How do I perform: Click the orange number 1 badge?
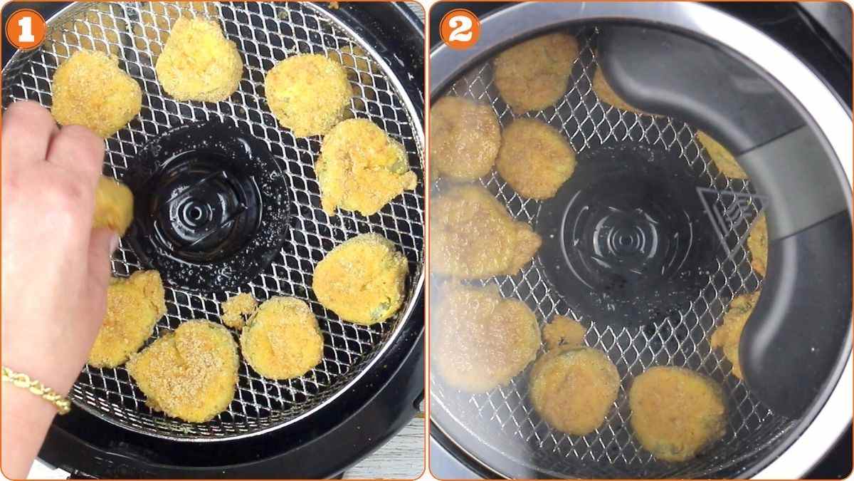point(26,29)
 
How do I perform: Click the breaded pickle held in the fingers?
point(113,205)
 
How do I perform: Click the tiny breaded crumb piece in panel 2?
point(564,332)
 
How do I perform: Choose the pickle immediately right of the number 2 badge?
point(535,71)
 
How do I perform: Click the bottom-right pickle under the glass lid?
point(676,412)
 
